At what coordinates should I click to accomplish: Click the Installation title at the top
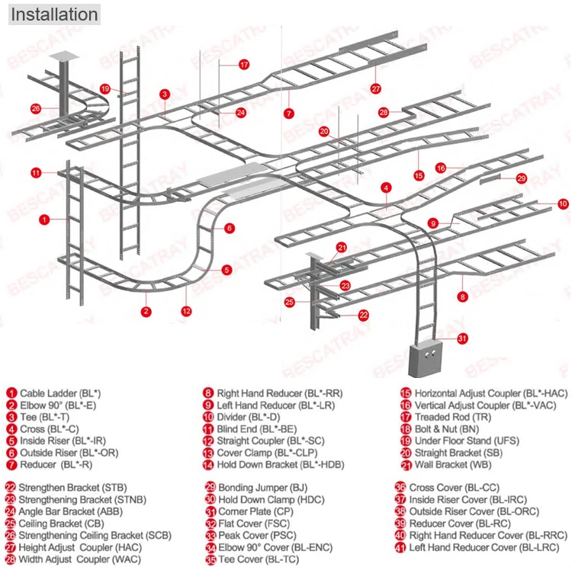coord(54,14)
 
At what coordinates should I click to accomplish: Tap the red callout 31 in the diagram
coord(462,338)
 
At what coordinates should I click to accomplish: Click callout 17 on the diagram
coord(244,65)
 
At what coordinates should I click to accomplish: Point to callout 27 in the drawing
coord(375,88)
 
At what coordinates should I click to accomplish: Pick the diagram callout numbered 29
coord(521,178)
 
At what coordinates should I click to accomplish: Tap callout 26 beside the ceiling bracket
coord(36,108)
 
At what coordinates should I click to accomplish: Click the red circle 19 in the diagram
coord(105,88)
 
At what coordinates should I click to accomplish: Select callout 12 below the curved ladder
coord(186,311)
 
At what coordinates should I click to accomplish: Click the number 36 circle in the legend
coord(400,488)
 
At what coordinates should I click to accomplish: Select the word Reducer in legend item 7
coord(38,465)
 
